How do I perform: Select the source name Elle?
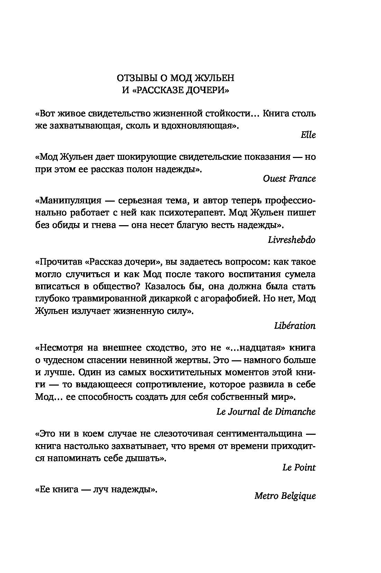[308, 135]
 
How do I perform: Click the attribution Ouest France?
[289, 178]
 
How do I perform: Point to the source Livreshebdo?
[291, 239]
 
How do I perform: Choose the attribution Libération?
[295, 326]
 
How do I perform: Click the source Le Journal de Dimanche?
[266, 412]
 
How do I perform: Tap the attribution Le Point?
[299, 467]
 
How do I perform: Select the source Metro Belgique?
[285, 496]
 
